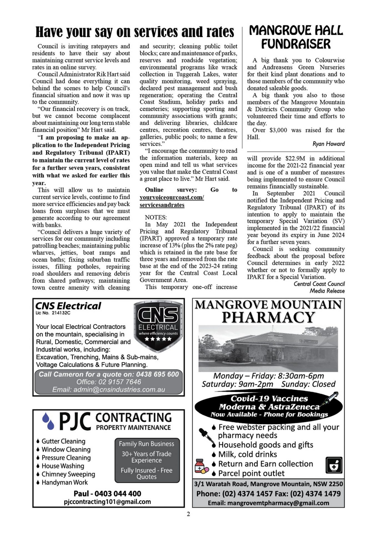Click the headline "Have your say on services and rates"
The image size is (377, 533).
(x=135, y=32)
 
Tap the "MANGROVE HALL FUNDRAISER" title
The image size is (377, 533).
(x=296, y=37)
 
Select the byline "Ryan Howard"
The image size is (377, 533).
(x=328, y=144)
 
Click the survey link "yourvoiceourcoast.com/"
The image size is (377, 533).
(x=172, y=197)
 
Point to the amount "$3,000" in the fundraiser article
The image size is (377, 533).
(x=278, y=130)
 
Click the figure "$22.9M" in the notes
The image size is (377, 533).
(x=295, y=159)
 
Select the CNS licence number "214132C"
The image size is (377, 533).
(x=61, y=313)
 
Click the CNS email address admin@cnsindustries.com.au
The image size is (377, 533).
(x=109, y=389)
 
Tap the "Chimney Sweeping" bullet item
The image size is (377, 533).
(x=68, y=474)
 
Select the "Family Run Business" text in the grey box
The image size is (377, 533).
(x=147, y=444)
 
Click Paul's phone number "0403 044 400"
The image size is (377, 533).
(x=118, y=494)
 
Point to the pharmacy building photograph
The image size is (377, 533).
(x=268, y=349)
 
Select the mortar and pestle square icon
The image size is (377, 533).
(x=334, y=465)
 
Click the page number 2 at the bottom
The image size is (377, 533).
(x=188, y=514)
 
